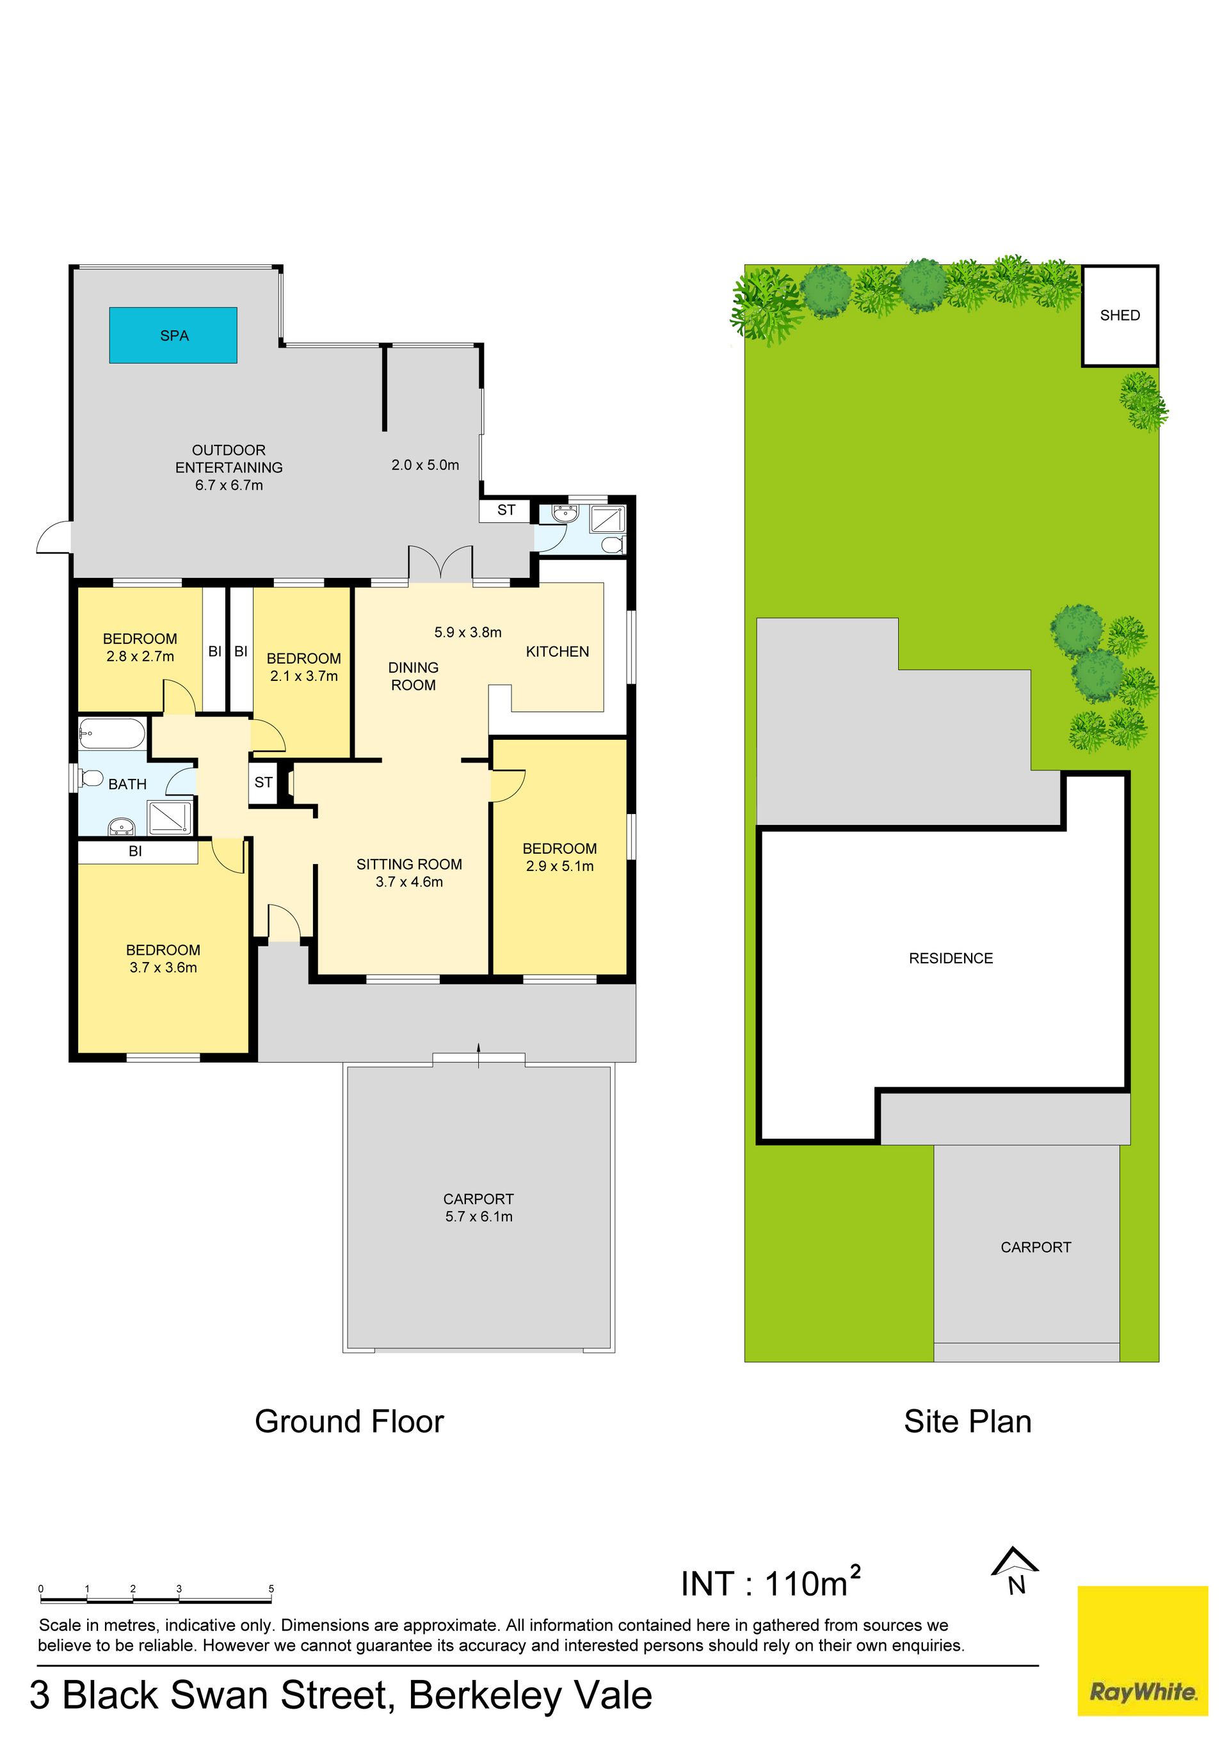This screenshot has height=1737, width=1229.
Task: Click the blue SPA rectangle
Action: point(173,335)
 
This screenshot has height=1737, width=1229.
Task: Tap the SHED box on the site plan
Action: point(1120,316)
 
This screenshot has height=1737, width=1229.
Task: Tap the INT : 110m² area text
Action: point(771,1582)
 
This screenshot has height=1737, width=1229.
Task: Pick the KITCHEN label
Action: point(557,652)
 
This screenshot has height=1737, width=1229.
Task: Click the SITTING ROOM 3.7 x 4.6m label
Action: point(410,873)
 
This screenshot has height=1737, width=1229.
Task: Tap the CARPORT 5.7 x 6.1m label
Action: point(478,1208)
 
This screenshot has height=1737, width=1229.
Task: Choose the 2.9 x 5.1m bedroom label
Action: point(560,857)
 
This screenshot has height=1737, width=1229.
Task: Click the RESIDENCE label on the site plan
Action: point(951,959)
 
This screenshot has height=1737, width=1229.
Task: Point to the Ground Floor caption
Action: point(349,1421)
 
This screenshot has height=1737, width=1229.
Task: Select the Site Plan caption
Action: point(967,1421)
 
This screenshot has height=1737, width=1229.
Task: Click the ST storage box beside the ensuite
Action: point(506,511)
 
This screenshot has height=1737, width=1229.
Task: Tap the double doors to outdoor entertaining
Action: point(440,564)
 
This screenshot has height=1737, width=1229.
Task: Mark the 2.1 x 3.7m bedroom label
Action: point(303,668)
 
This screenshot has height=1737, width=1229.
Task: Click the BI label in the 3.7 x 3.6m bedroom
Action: point(136,851)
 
